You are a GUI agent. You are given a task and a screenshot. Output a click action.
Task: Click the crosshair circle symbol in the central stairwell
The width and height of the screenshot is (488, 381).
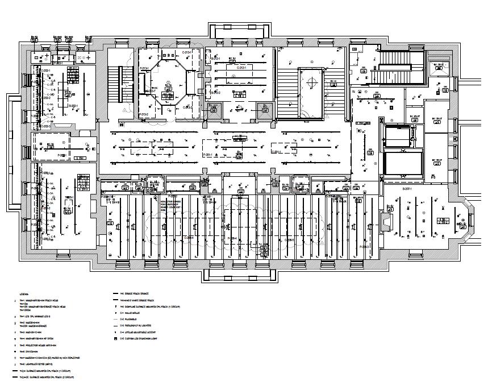(311, 83)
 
